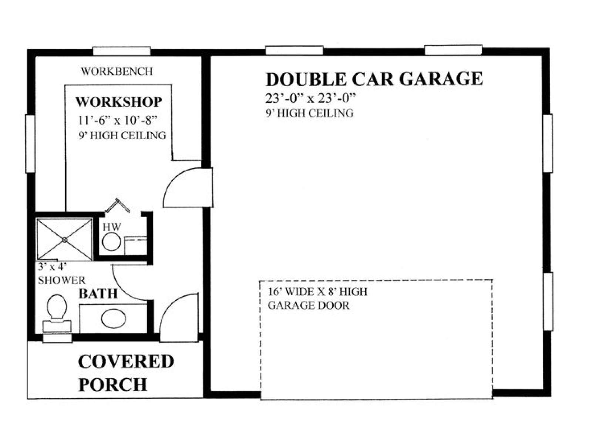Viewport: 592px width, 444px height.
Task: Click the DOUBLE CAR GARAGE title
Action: (374, 79)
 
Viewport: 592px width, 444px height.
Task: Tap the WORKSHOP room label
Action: (119, 102)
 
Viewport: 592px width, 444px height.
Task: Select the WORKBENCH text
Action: (117, 71)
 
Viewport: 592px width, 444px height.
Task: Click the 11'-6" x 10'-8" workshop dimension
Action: (118, 120)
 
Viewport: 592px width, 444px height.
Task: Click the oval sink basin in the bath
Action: (114, 319)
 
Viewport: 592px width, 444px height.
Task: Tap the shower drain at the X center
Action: (64, 240)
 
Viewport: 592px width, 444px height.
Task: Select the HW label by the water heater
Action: (112, 227)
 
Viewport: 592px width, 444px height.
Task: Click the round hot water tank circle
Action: (111, 242)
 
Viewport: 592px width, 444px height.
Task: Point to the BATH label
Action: (98, 293)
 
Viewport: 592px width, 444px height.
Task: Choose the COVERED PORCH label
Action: (126, 373)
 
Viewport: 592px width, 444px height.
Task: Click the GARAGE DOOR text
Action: (309, 306)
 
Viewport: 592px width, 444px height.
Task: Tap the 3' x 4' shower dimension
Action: (52, 267)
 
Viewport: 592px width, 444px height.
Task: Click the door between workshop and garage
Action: (188, 187)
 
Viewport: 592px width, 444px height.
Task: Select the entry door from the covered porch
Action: (179, 317)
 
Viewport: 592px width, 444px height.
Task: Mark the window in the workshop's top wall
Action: (122, 51)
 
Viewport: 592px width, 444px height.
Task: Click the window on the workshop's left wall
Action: (30, 144)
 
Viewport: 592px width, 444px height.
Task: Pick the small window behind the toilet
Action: (57, 338)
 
